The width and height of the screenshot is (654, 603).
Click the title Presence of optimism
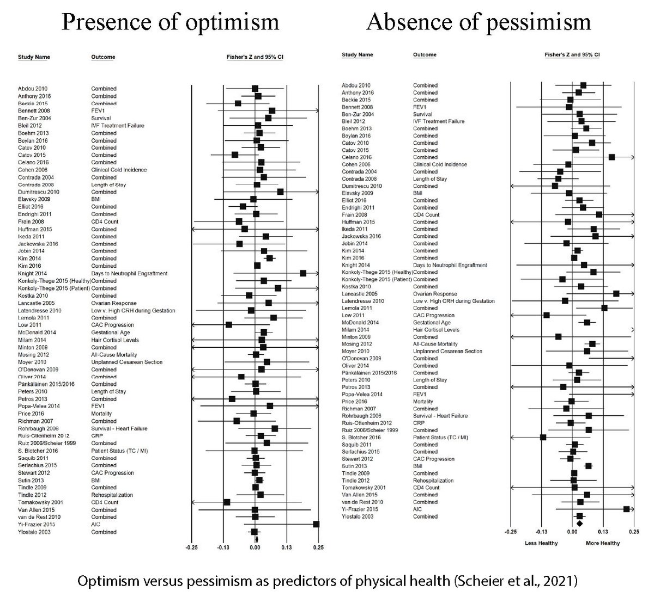171,22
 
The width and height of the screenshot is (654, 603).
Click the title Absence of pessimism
479,22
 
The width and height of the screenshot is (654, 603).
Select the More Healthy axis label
603,543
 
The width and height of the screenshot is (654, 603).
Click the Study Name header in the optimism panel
34,57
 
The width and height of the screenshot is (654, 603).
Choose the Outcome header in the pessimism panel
425,55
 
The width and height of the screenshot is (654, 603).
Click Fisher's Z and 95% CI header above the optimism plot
255,57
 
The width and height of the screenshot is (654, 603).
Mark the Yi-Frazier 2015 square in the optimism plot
316,524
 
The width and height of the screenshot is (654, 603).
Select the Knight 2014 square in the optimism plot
303,273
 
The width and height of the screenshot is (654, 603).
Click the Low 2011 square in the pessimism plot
546,315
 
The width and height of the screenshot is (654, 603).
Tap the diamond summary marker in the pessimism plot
579,524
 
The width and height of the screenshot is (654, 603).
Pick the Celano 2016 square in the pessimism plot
611,157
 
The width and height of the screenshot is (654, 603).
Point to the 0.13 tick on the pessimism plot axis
603,531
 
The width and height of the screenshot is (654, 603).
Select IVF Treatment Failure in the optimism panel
117,126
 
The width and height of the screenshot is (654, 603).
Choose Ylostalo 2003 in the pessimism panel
358,516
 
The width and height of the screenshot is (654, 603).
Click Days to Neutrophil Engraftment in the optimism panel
129,273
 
